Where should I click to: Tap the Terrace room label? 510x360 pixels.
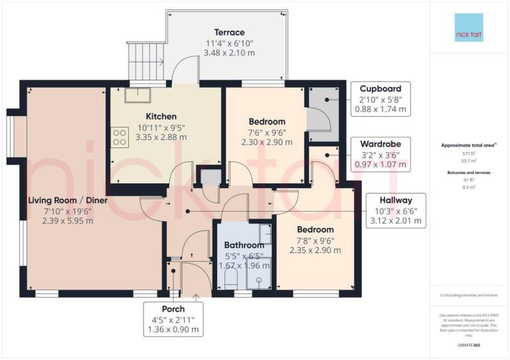[x=229, y=33]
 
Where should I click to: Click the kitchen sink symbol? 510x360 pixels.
[x=141, y=94]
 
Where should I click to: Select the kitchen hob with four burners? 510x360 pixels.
[x=120, y=137]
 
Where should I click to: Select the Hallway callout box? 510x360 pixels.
[x=396, y=211]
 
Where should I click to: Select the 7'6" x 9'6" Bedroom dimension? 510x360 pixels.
[x=267, y=132]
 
